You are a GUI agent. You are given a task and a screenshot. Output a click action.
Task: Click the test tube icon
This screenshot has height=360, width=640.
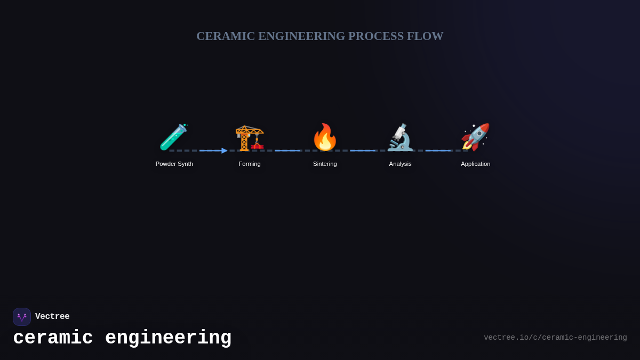[x=174, y=137]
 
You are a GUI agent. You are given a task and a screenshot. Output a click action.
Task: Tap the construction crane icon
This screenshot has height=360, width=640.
[x=250, y=138]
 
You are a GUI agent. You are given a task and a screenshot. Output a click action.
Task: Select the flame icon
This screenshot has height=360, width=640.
[x=325, y=138]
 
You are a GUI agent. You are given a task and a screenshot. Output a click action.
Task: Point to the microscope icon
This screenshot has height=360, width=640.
[x=400, y=138]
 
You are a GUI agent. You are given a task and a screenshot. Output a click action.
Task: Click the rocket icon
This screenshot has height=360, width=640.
[x=475, y=137]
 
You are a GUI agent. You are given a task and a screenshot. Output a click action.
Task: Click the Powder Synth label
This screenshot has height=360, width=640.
[x=174, y=164]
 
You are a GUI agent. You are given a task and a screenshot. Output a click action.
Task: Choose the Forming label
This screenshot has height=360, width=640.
[x=250, y=164]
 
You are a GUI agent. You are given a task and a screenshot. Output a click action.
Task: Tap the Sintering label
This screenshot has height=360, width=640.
[x=325, y=164]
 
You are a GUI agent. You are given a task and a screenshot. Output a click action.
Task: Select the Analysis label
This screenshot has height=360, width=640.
[x=400, y=164]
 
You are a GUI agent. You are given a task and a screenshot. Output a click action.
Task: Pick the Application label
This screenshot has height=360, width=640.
[x=475, y=164]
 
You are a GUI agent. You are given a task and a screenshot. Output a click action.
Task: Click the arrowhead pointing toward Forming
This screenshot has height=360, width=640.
[x=225, y=150]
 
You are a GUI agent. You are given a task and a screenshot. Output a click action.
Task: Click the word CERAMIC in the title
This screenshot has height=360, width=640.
[x=226, y=36]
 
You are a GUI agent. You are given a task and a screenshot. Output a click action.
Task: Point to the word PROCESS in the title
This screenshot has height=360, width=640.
[x=376, y=36]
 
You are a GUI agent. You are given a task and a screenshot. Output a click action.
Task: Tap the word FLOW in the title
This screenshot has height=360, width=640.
[x=425, y=36]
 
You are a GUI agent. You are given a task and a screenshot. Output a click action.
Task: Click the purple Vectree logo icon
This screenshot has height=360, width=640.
[x=22, y=317]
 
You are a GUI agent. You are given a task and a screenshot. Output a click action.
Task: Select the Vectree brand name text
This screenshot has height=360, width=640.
[x=52, y=317]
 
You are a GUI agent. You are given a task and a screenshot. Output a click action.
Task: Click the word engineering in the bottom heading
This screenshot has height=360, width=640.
[x=168, y=338]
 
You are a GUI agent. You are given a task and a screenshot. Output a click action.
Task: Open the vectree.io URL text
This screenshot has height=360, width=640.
[x=555, y=338]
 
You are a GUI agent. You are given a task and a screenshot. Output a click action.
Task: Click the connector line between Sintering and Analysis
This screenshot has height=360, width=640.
[x=363, y=150]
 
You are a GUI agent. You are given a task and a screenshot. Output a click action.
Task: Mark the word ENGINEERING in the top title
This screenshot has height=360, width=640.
[x=302, y=36]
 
